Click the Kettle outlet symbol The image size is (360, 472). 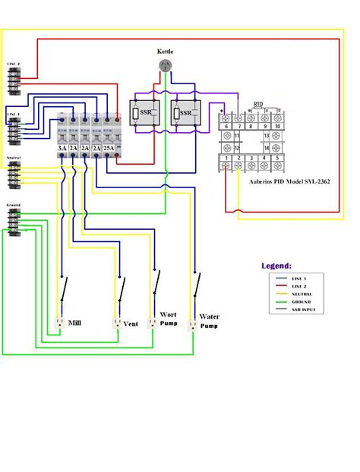(x=165, y=67)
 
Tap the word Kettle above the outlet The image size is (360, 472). (x=165, y=52)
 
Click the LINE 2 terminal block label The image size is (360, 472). (x=14, y=65)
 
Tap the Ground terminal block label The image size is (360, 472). (x=14, y=205)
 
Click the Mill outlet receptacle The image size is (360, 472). (x=58, y=322)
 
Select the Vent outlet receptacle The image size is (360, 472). (x=116, y=322)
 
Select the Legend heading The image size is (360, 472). (x=276, y=266)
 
